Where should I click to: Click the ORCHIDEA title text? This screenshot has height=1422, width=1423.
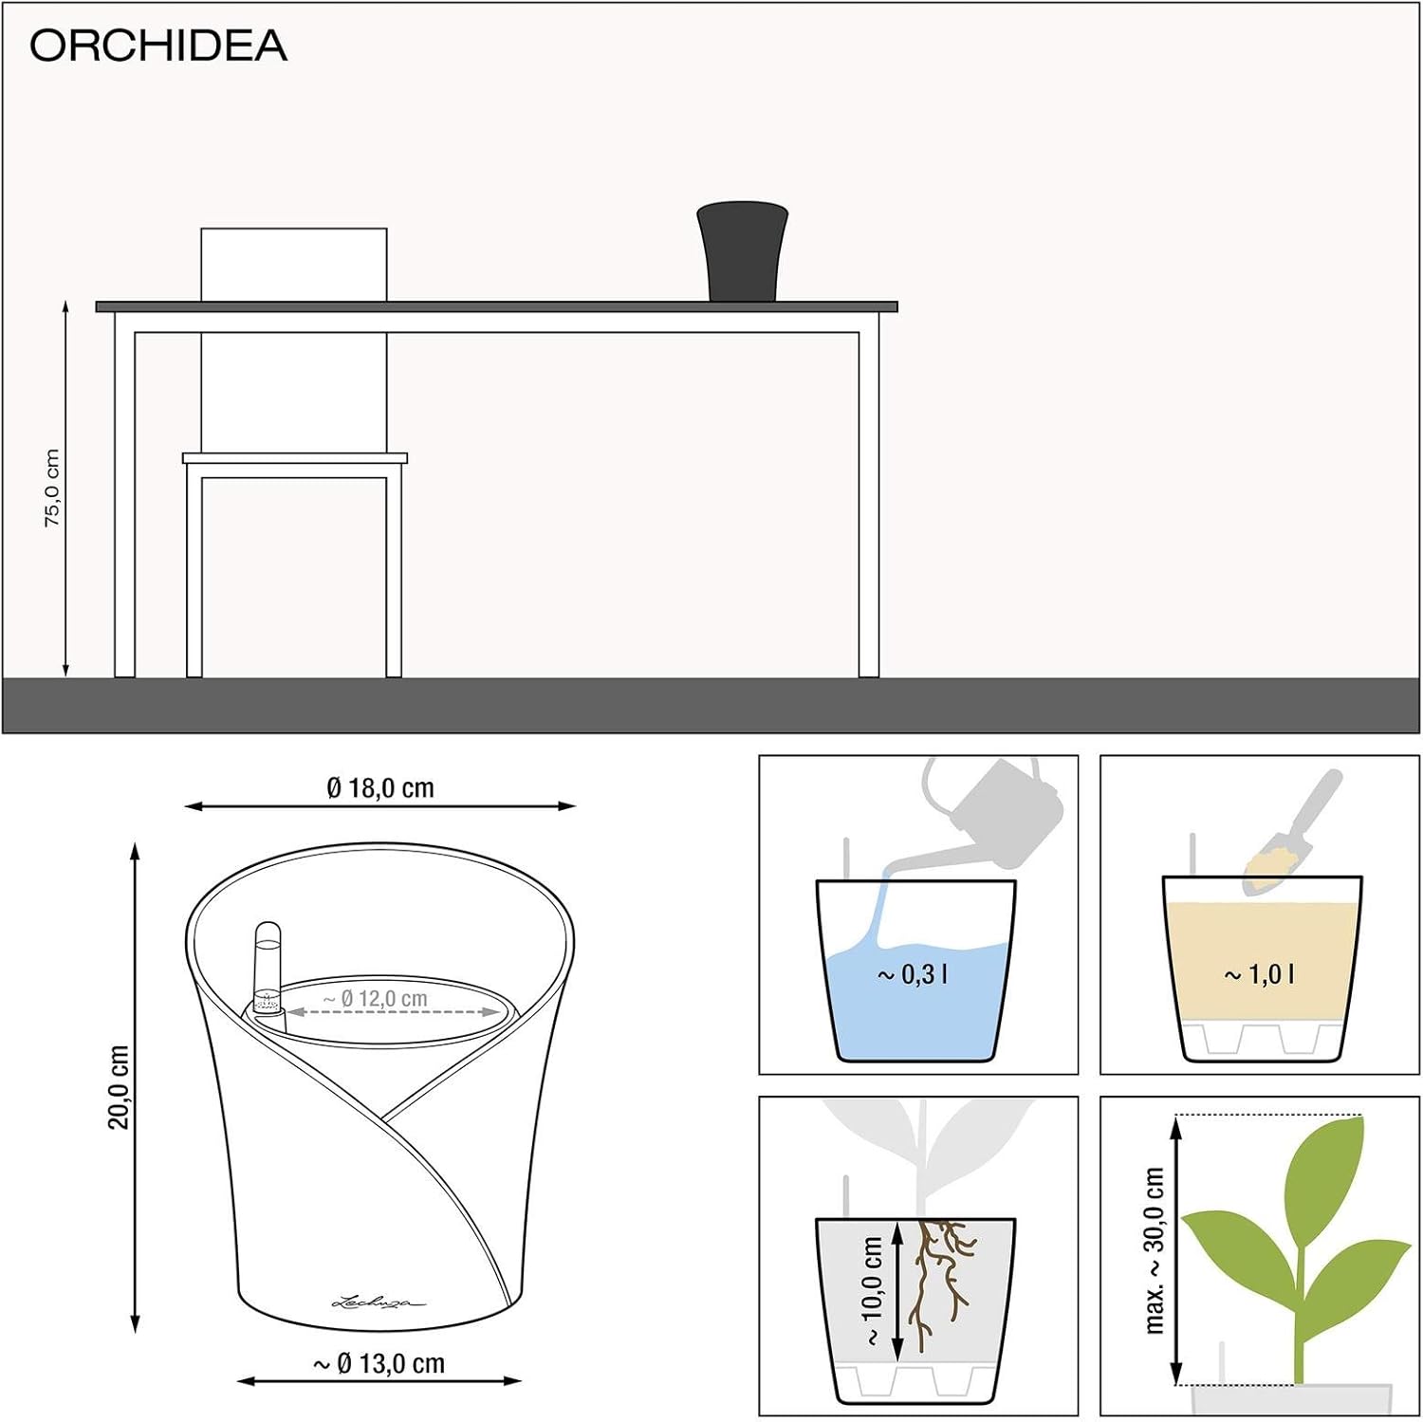[x=158, y=46]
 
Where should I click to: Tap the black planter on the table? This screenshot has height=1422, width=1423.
[x=743, y=251]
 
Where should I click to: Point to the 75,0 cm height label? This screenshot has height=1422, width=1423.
[x=52, y=488]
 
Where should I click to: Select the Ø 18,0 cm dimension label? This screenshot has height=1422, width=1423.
[x=380, y=787]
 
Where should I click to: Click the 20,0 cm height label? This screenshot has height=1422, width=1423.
[x=118, y=1087]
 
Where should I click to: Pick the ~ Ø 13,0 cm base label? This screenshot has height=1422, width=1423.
[x=379, y=1363]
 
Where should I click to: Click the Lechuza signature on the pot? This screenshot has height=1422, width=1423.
[x=379, y=1302]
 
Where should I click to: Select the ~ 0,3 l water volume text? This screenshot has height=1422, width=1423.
[x=913, y=974]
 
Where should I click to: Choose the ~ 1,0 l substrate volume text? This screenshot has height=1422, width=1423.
[x=1260, y=974]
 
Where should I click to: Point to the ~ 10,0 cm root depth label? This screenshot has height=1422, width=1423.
[x=873, y=1290]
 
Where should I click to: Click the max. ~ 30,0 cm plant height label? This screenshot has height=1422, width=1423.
[x=1154, y=1250]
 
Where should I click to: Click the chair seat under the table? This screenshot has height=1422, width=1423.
[x=295, y=458]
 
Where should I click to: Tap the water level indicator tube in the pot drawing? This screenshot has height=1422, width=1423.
[x=268, y=975]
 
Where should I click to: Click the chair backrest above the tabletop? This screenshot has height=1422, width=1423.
[x=294, y=265]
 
